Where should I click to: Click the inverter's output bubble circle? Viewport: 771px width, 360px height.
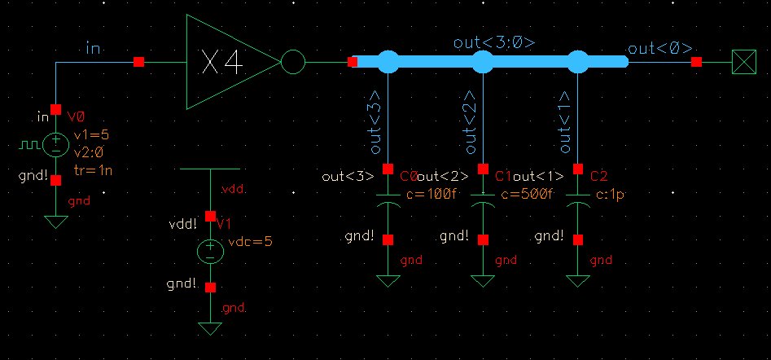click(292, 62)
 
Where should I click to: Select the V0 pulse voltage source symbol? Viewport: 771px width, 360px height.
click(55, 145)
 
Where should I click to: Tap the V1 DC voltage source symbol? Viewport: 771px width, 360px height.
click(210, 251)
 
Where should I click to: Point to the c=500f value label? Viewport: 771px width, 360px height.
click(527, 194)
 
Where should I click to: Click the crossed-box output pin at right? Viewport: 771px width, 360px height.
click(743, 62)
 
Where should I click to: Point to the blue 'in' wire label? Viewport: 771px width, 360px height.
click(94, 50)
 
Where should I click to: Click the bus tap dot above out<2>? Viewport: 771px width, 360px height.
click(484, 61)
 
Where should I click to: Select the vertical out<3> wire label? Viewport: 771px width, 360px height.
click(375, 129)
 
